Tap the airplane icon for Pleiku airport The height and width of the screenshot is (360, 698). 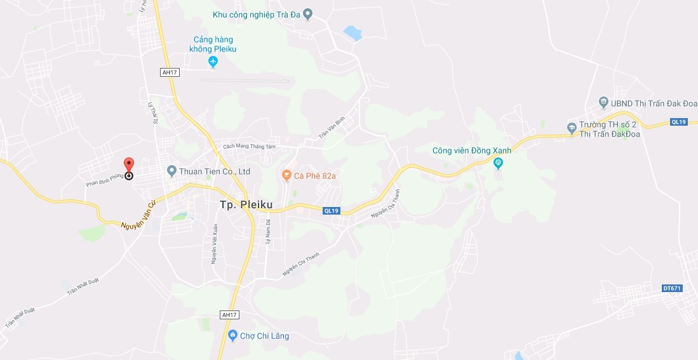(213, 62)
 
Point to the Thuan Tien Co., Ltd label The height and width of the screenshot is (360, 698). (215, 171)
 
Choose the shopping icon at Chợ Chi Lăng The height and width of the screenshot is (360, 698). (232, 335)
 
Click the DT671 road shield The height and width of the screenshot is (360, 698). (671, 288)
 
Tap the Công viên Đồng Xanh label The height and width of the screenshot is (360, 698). (471, 150)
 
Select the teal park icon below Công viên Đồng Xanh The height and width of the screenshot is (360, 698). (499, 163)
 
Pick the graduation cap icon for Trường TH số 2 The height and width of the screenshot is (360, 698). (572, 128)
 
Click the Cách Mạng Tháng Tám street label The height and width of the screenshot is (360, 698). (250, 146)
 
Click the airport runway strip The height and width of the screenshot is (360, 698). (245, 80)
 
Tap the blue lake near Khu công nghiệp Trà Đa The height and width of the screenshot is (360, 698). (352, 33)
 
